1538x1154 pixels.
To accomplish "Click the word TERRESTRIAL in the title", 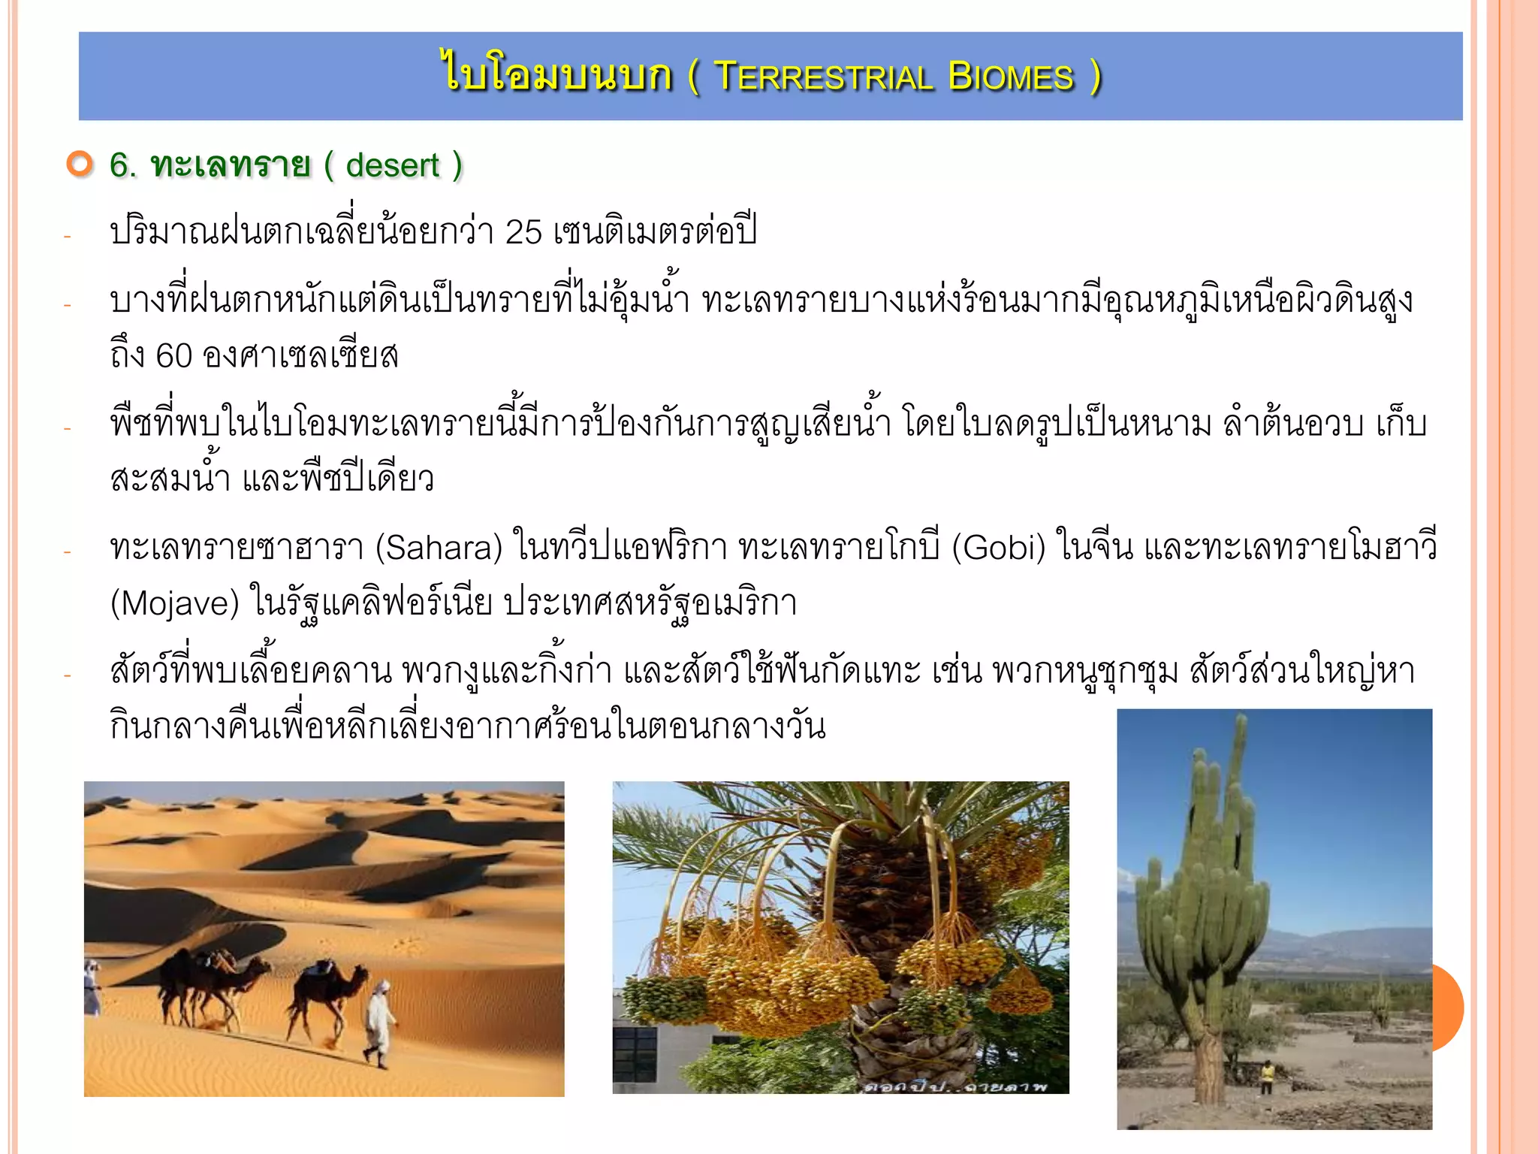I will click(823, 77).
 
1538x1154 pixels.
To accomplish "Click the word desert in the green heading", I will click(392, 165).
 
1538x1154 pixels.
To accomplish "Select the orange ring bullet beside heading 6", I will click(79, 164).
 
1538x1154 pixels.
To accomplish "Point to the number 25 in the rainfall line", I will click(523, 232).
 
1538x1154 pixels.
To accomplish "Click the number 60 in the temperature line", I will click(174, 356).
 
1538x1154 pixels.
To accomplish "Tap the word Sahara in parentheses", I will click(439, 548).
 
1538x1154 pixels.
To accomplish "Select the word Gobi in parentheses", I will click(998, 548).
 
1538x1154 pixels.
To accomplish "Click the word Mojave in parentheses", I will click(174, 603).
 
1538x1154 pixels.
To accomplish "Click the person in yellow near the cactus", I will click(1267, 1076).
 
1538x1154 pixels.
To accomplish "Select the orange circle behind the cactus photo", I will click(1449, 1007).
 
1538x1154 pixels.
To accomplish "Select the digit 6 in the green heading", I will click(119, 165).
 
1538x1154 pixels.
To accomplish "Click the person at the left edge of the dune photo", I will click(92, 986).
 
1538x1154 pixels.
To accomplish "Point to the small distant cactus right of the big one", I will click(1380, 1002).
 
